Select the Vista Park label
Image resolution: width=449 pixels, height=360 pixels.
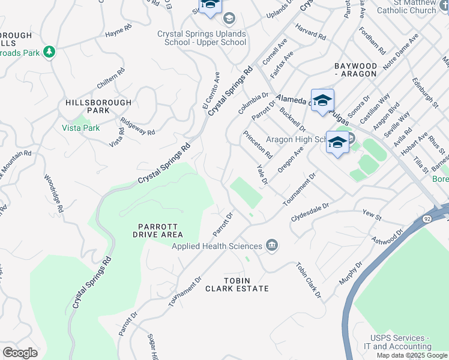pos(81,128)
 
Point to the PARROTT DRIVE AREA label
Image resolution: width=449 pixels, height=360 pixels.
pos(157,230)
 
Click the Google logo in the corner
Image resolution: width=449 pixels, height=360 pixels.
pos(20,352)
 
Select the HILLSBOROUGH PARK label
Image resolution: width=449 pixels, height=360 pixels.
pos(88,107)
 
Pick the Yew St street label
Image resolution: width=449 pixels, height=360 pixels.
pos(372,213)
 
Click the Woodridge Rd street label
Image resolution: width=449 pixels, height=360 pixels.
pos(54,194)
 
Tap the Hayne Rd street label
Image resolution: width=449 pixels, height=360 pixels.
pos(118,29)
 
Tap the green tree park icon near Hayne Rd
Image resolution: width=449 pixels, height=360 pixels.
pos(49,52)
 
